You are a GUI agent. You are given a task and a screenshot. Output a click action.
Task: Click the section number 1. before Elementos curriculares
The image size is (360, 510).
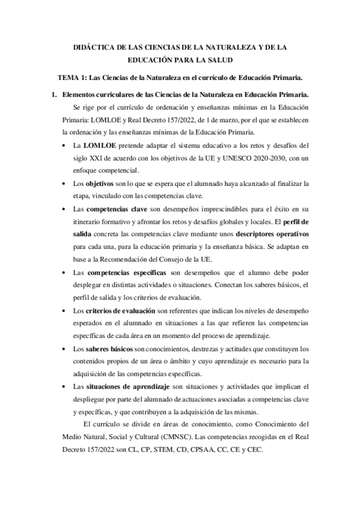pyautogui.click(x=53, y=95)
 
